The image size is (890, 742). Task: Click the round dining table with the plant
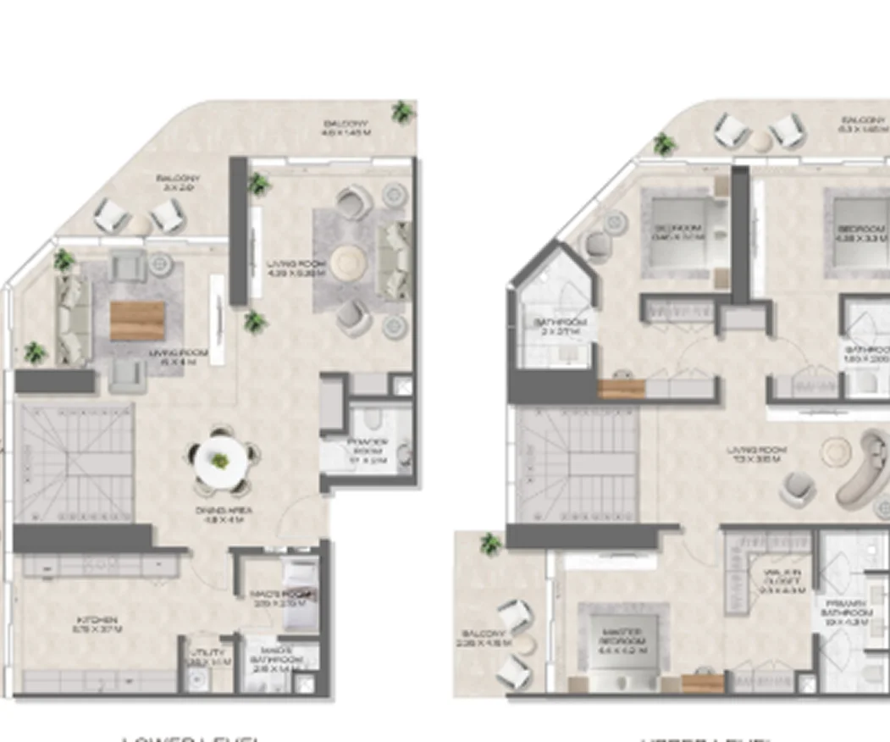221,462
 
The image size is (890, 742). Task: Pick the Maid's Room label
273,598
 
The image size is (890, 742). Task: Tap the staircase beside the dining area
74,462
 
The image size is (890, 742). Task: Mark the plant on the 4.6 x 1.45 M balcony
402,111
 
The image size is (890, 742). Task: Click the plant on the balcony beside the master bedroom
489,543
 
